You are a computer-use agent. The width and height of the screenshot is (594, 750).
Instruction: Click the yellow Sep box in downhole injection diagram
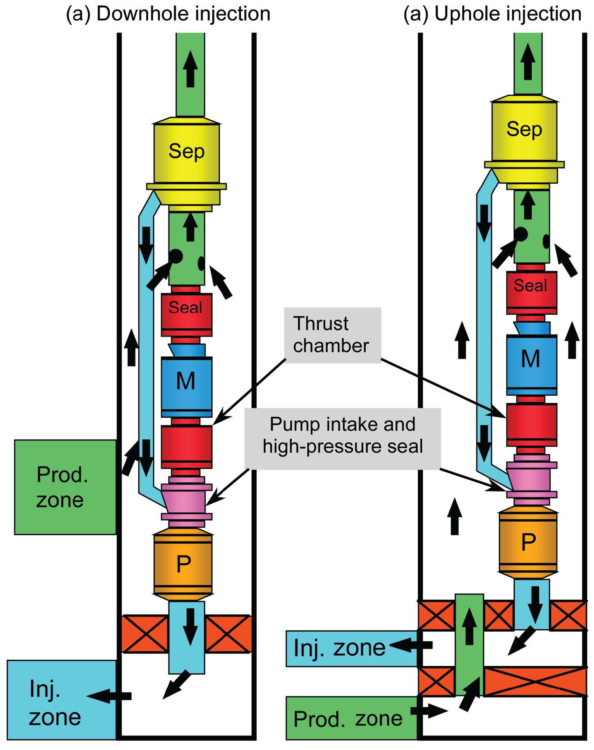click(186, 152)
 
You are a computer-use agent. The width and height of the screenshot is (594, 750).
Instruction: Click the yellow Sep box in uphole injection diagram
click(524, 130)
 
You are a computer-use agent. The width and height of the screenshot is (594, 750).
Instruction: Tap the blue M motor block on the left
click(186, 382)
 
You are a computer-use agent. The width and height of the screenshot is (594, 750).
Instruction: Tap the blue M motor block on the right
click(531, 360)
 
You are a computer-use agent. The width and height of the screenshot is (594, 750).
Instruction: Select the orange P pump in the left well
click(183, 564)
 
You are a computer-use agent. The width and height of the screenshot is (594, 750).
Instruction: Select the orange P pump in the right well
click(528, 542)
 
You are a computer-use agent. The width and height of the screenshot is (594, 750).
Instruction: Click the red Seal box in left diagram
click(186, 308)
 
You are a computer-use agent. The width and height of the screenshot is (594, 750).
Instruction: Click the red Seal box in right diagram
click(531, 286)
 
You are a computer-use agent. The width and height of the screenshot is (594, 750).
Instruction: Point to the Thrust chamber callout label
click(332, 335)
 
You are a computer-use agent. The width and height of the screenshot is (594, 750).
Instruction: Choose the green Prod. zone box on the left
click(65, 487)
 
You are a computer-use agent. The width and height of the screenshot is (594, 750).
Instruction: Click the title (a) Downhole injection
click(168, 14)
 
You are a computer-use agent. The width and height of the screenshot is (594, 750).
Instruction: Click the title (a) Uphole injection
click(492, 14)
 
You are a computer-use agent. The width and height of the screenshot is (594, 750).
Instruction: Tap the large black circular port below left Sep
click(176, 256)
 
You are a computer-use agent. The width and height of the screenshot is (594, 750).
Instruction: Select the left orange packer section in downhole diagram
click(145, 634)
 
